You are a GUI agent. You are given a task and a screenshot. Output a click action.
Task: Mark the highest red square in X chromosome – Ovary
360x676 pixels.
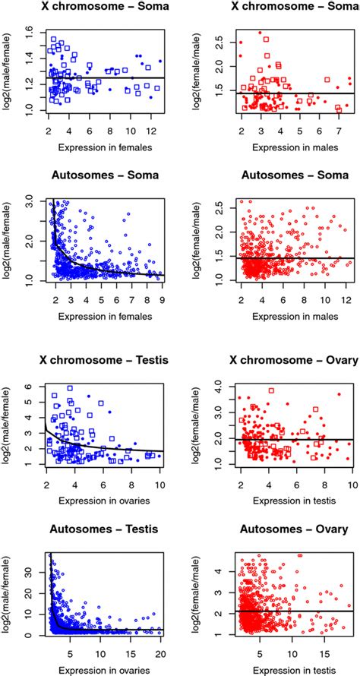[270, 390]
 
